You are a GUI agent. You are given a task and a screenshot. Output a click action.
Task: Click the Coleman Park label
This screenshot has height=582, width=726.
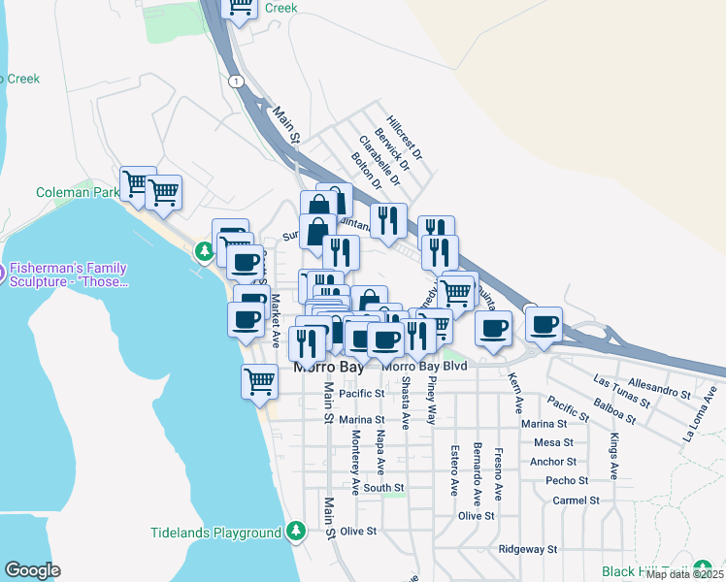click(77, 193)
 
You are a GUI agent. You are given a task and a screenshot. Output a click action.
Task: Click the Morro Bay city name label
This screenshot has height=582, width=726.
click(330, 370)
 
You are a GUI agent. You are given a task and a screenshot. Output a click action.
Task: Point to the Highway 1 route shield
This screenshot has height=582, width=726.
click(234, 81)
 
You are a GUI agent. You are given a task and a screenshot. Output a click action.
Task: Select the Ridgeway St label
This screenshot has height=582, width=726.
click(527, 548)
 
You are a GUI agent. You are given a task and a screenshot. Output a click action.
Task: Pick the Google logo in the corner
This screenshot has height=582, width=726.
click(32, 570)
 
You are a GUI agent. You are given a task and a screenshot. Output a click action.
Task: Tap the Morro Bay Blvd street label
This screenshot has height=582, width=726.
click(425, 366)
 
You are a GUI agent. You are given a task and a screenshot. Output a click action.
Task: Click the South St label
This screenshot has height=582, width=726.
click(383, 488)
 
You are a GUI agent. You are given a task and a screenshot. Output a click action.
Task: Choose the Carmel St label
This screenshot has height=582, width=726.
click(575, 501)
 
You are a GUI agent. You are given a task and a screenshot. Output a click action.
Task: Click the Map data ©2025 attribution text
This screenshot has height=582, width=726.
click(685, 574)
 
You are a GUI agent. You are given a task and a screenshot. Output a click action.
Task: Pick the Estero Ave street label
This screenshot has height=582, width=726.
click(453, 470)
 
